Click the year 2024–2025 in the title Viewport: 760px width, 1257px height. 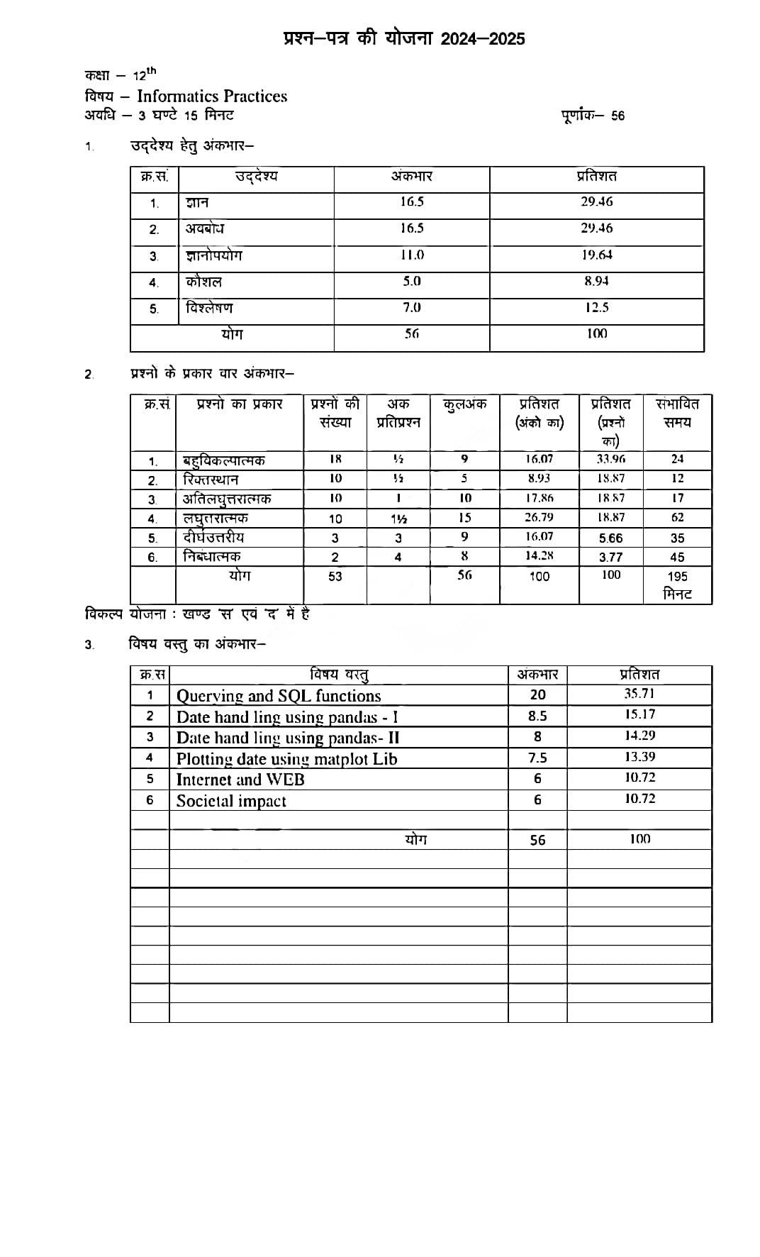[x=483, y=38]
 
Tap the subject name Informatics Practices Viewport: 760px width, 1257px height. [x=212, y=96]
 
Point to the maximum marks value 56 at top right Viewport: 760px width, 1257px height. [x=617, y=116]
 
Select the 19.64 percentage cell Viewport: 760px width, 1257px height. [x=597, y=255]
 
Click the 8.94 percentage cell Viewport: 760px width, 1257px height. [x=596, y=281]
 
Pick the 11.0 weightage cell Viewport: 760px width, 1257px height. [x=412, y=255]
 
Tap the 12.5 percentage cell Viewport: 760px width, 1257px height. [x=597, y=307]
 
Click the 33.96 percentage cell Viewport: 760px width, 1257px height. [x=610, y=459]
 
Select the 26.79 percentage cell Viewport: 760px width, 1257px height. [x=539, y=517]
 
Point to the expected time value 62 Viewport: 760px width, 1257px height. [x=677, y=517]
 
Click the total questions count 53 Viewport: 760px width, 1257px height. [x=335, y=576]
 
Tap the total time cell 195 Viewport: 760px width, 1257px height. [x=677, y=577]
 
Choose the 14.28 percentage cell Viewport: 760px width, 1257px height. [x=539, y=556]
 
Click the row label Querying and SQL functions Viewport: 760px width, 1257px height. [x=279, y=696]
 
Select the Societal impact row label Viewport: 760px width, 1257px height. [x=231, y=801]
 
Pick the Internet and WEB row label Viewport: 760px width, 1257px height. [x=240, y=780]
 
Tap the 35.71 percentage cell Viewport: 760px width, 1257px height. [x=639, y=694]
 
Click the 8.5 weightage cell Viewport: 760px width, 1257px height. [x=537, y=716]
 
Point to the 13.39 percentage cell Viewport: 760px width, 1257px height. [x=639, y=757]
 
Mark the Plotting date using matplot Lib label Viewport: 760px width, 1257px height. [x=286, y=759]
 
